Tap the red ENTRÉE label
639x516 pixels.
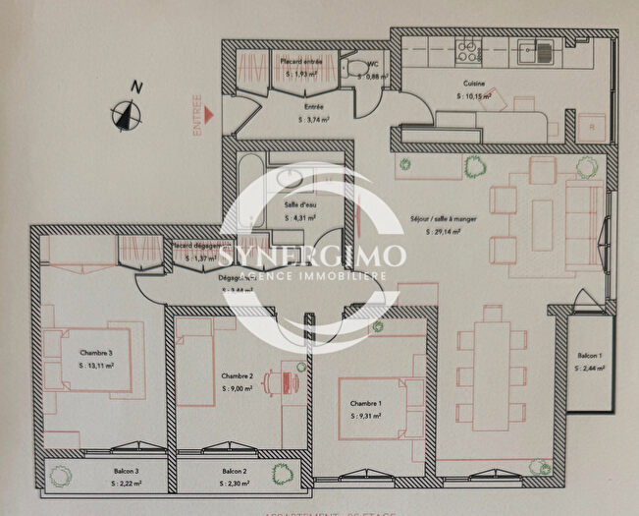coord(197,114)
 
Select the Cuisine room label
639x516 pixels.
coord(475,85)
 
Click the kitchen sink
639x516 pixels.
coord(538,50)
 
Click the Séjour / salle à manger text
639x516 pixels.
coord(443,219)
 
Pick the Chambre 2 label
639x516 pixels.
coord(238,376)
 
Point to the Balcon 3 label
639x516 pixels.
coord(125,472)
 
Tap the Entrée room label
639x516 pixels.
coord(314,107)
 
